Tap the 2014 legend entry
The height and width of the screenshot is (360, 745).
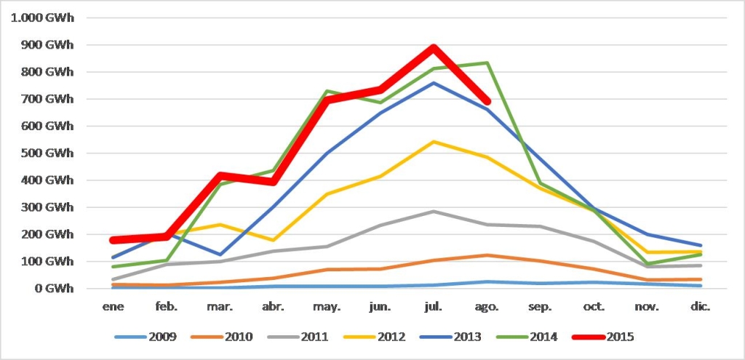pyautogui.click(x=532, y=337)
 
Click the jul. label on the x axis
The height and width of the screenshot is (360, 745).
pyautogui.click(x=434, y=307)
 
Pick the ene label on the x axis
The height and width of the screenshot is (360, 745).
pyautogui.click(x=112, y=307)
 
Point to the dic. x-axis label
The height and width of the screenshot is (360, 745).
pyautogui.click(x=701, y=307)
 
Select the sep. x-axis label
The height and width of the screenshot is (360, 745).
pyautogui.click(x=541, y=307)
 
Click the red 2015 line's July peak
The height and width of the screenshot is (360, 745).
pyautogui.click(x=434, y=48)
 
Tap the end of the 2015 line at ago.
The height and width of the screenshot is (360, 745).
pyautogui.click(x=487, y=102)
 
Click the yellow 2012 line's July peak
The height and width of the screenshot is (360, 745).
pyautogui.click(x=434, y=142)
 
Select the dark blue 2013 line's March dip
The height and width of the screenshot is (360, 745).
pyautogui.click(x=219, y=255)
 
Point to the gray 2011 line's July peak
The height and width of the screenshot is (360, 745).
pyautogui.click(x=434, y=212)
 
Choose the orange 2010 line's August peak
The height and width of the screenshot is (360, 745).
pyautogui.click(x=487, y=255)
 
